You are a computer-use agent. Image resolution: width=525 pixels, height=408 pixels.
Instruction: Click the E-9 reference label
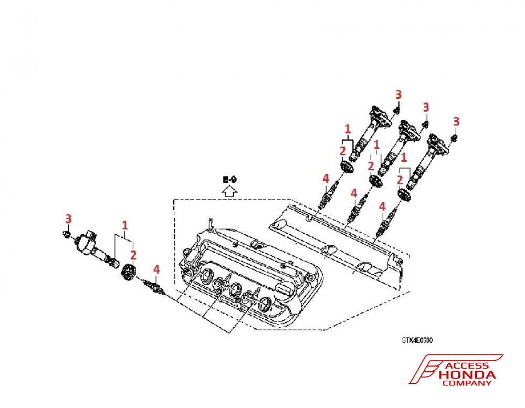tap(229, 180)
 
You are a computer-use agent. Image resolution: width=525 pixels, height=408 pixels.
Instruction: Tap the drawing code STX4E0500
tap(417, 340)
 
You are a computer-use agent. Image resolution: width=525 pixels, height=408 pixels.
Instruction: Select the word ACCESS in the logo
tap(467, 366)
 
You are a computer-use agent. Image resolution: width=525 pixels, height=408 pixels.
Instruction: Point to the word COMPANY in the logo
tap(467, 383)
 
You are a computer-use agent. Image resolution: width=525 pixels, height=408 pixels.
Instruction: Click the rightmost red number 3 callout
tap(456, 122)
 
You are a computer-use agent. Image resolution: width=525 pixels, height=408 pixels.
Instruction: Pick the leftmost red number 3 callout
tap(68, 218)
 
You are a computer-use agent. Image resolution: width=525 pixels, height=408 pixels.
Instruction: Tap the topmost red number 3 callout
tap(398, 95)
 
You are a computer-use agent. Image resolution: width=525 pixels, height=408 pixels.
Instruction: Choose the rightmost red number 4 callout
tap(382, 206)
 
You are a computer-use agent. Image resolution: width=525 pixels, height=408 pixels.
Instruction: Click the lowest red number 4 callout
tap(156, 269)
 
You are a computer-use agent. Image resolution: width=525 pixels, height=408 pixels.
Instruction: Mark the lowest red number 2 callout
tap(133, 255)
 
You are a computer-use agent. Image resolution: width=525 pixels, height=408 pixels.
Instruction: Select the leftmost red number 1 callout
tap(125, 225)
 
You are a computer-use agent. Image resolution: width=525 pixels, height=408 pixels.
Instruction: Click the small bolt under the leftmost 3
tap(67, 232)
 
